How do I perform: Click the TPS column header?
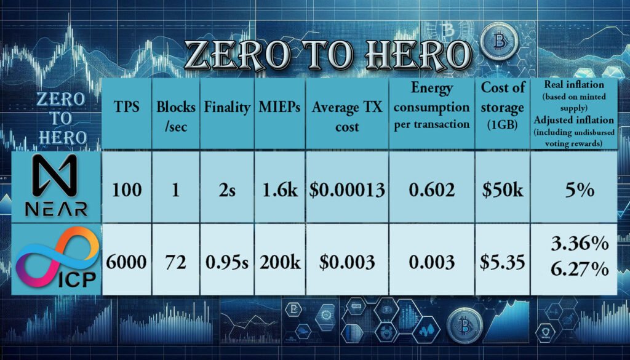(x=127, y=107)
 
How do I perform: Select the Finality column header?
(x=227, y=107)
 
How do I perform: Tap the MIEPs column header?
(x=280, y=107)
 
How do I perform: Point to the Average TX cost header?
(x=347, y=117)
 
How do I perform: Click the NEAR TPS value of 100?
(x=127, y=190)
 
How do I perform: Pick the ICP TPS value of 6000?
(x=126, y=262)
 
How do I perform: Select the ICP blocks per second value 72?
(x=175, y=262)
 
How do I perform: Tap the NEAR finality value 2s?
(x=227, y=190)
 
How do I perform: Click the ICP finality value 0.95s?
(x=227, y=262)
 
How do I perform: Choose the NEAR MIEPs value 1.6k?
(x=280, y=190)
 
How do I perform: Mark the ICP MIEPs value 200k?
(x=280, y=262)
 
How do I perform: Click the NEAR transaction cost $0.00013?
(x=347, y=190)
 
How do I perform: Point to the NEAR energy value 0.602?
(x=432, y=190)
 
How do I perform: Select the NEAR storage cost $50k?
(x=503, y=190)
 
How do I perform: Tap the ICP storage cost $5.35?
(x=502, y=262)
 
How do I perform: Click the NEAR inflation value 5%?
(x=580, y=190)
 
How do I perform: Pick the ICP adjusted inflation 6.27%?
(x=580, y=270)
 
